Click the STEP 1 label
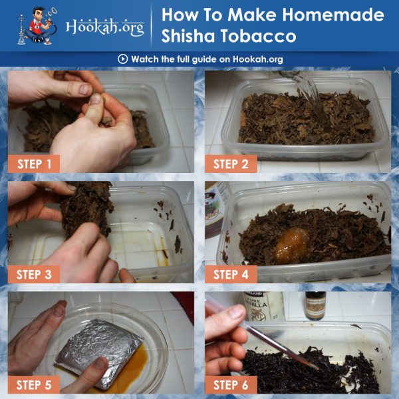[x=34, y=164]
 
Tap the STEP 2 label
[x=231, y=164]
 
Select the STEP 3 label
[x=34, y=274]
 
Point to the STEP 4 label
[x=231, y=274]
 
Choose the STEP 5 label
[x=34, y=385]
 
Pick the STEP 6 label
[x=231, y=385]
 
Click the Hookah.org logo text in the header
[x=105, y=27]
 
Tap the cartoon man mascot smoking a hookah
[x=38, y=26]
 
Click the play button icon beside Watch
[x=122, y=59]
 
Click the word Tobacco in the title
[x=259, y=36]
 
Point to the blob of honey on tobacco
[x=292, y=245]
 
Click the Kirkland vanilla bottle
[x=263, y=306]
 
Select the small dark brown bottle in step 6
[x=315, y=306]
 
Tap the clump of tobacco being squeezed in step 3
[x=87, y=208]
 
